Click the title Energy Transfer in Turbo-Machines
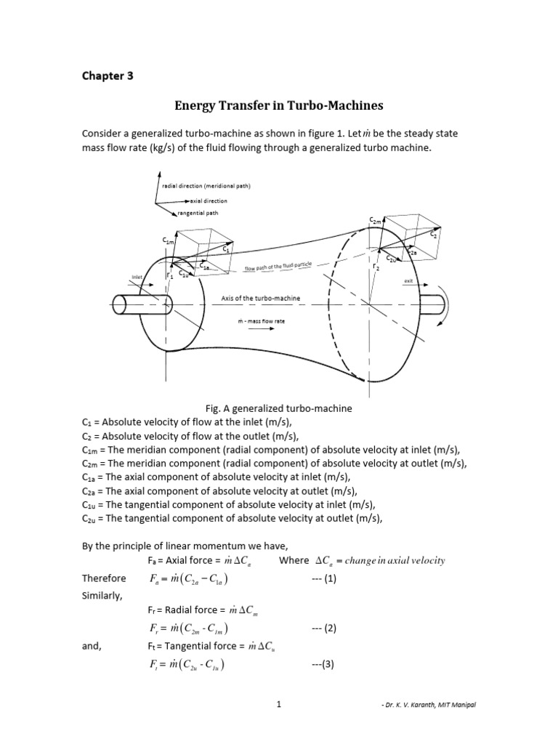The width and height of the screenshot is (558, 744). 278,106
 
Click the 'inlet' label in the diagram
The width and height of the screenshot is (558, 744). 137,277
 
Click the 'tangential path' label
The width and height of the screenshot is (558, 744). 198,214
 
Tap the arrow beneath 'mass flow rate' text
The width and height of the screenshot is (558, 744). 261,328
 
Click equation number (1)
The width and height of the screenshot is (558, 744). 322,578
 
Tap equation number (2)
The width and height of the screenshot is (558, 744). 322,629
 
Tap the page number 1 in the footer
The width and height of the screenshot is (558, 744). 278,725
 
